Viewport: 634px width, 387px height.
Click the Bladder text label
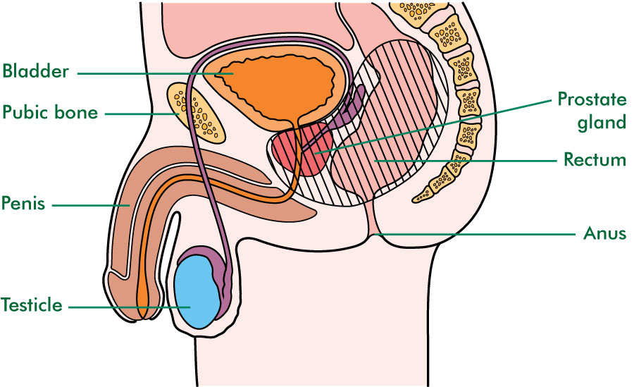click(36, 71)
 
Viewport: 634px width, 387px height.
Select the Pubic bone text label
click(50, 112)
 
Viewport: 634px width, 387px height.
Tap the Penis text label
click(23, 203)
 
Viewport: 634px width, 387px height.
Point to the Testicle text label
click(32, 305)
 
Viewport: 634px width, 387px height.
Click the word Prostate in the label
click(592, 99)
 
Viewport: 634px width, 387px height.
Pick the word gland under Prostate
click(602, 122)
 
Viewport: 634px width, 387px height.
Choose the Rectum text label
click(595, 159)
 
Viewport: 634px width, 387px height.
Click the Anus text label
click(604, 233)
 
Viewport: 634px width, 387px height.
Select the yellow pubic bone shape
click(196, 113)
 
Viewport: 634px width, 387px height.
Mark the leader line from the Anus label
click(474, 234)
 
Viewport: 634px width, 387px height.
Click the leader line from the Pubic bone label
click(142, 113)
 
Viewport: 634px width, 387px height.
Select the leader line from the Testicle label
click(129, 307)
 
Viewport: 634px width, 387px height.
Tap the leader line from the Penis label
click(91, 205)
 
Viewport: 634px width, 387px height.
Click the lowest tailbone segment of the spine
click(422, 195)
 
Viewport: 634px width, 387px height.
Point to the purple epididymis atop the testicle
click(210, 259)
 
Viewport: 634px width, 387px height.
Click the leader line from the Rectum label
click(466, 161)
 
